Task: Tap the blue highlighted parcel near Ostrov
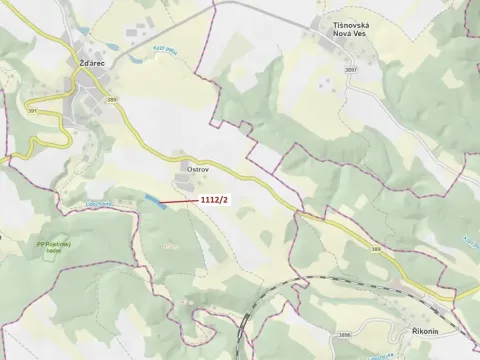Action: [x=155, y=202]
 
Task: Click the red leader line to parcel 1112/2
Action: [x=182, y=202]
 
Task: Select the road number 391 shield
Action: [x=33, y=110]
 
